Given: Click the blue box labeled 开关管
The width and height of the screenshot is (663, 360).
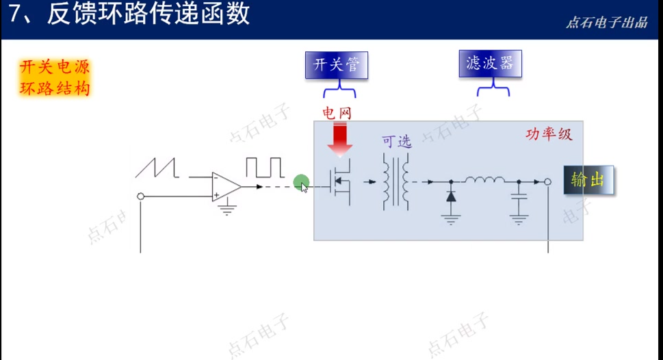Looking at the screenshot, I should coord(336,66).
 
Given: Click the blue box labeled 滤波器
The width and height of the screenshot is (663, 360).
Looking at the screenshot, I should coord(489,64).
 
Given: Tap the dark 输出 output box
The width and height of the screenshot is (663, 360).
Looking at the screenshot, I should coord(588,180).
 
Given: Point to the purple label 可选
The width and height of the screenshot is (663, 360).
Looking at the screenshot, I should coord(397,142).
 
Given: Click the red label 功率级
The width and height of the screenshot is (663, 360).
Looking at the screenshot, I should coord(548,133).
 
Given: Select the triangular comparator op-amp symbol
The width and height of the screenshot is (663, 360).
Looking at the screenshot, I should coord(226,185).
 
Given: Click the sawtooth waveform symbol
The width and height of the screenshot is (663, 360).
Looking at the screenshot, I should coord(157,168).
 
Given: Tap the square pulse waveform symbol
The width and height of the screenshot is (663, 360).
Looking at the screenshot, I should coord(264,167).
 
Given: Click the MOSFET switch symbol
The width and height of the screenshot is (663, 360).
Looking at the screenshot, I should coord(340,182).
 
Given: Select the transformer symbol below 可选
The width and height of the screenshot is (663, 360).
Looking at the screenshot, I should coord(396,182).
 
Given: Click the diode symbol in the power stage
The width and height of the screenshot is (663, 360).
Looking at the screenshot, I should coord(451,196).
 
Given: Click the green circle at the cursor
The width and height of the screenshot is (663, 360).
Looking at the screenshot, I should coord(300,183).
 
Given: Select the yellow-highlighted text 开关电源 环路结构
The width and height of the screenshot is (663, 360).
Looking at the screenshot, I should coord(55,77).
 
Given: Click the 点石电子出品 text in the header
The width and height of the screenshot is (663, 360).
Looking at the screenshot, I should coord(606,23).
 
